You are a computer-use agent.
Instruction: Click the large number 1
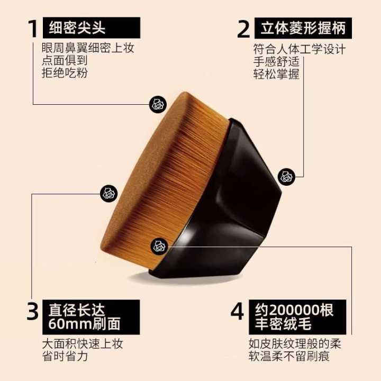[x=33, y=29]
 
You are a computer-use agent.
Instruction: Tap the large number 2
[x=243, y=29]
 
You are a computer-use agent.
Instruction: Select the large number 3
[x=32, y=311]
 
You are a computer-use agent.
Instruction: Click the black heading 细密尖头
[x=92, y=28]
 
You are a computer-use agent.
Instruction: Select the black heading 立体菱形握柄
[x=303, y=28]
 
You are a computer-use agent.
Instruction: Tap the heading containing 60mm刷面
[x=91, y=317]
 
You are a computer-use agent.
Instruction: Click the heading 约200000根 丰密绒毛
[x=297, y=317]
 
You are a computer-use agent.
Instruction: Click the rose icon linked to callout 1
[x=158, y=104]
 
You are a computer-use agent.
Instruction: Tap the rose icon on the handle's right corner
[x=287, y=177]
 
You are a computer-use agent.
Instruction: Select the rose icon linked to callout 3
[x=108, y=194]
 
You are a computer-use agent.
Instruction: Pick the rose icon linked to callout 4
[x=159, y=247]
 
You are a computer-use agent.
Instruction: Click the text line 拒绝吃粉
[x=65, y=72]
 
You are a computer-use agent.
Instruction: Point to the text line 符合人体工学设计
[x=300, y=49]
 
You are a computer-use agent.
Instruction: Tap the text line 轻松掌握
[x=276, y=74]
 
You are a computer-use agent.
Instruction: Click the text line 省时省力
[x=65, y=357]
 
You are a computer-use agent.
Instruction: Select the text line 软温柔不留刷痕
[x=289, y=357]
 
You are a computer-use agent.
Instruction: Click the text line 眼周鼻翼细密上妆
[x=88, y=48]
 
